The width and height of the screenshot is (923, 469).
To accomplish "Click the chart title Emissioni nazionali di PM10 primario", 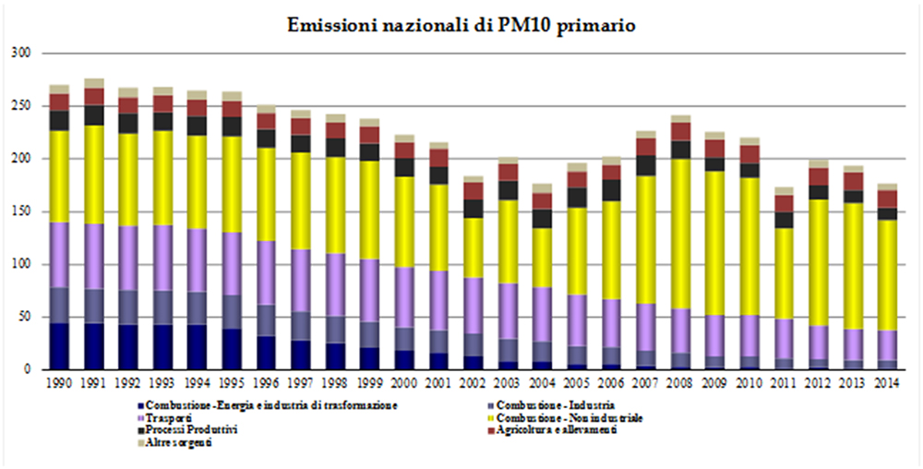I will click(x=461, y=25).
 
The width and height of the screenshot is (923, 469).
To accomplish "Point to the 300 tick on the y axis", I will click(x=24, y=54).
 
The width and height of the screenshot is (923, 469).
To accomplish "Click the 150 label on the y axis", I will click(x=24, y=212).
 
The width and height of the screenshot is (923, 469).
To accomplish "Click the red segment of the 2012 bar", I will click(x=818, y=176).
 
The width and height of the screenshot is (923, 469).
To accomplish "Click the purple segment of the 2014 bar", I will click(x=887, y=344).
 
